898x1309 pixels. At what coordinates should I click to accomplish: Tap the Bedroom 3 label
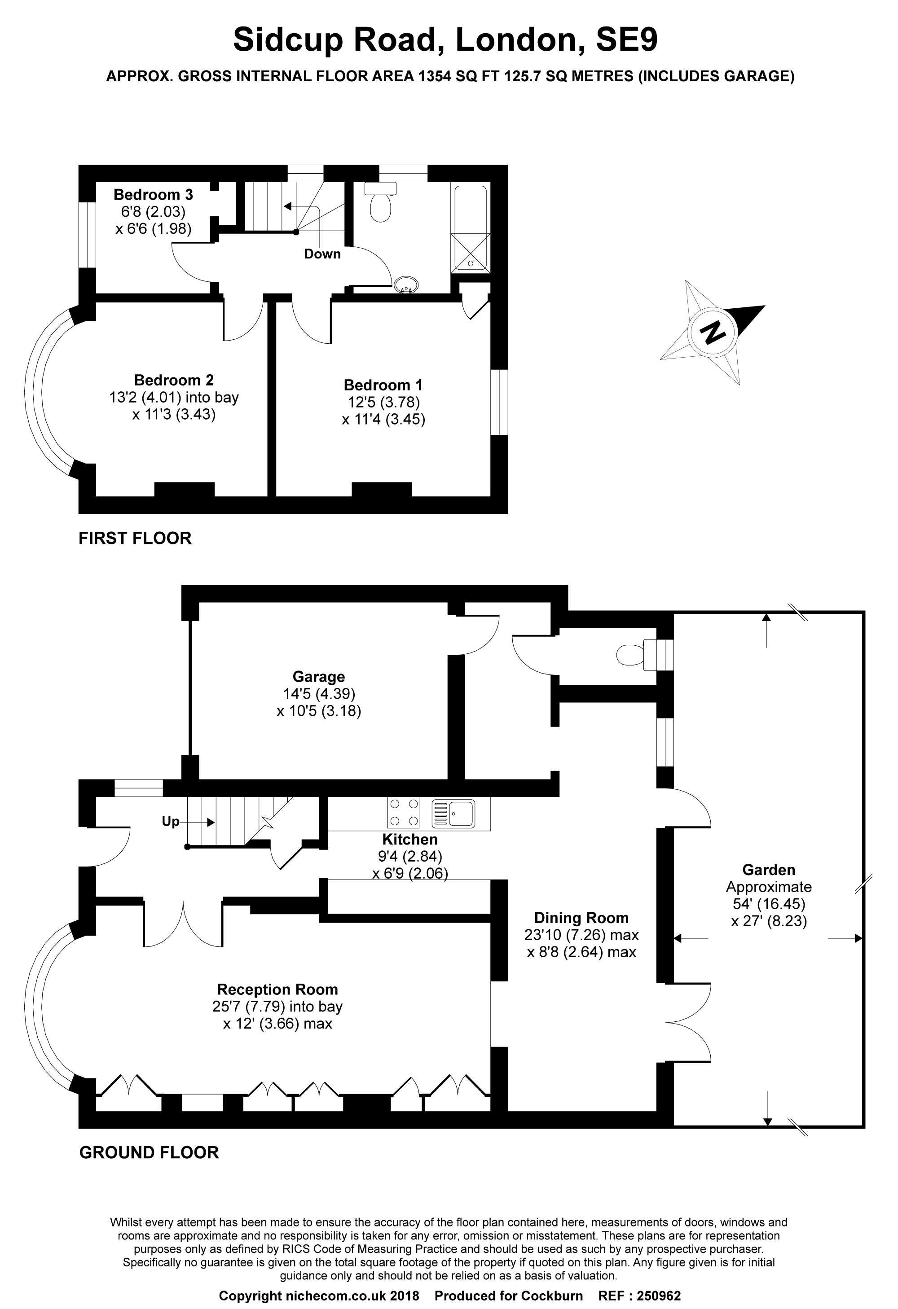(x=153, y=195)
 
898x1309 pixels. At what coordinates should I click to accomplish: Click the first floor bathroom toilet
(x=380, y=203)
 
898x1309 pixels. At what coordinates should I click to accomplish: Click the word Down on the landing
(x=322, y=254)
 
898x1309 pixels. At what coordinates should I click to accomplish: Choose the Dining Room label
(x=581, y=918)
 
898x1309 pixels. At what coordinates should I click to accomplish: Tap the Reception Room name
(x=277, y=989)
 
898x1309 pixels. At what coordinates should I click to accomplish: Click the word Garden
(x=768, y=870)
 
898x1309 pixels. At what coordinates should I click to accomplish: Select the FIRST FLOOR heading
(x=135, y=538)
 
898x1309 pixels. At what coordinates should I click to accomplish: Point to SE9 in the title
(x=626, y=40)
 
